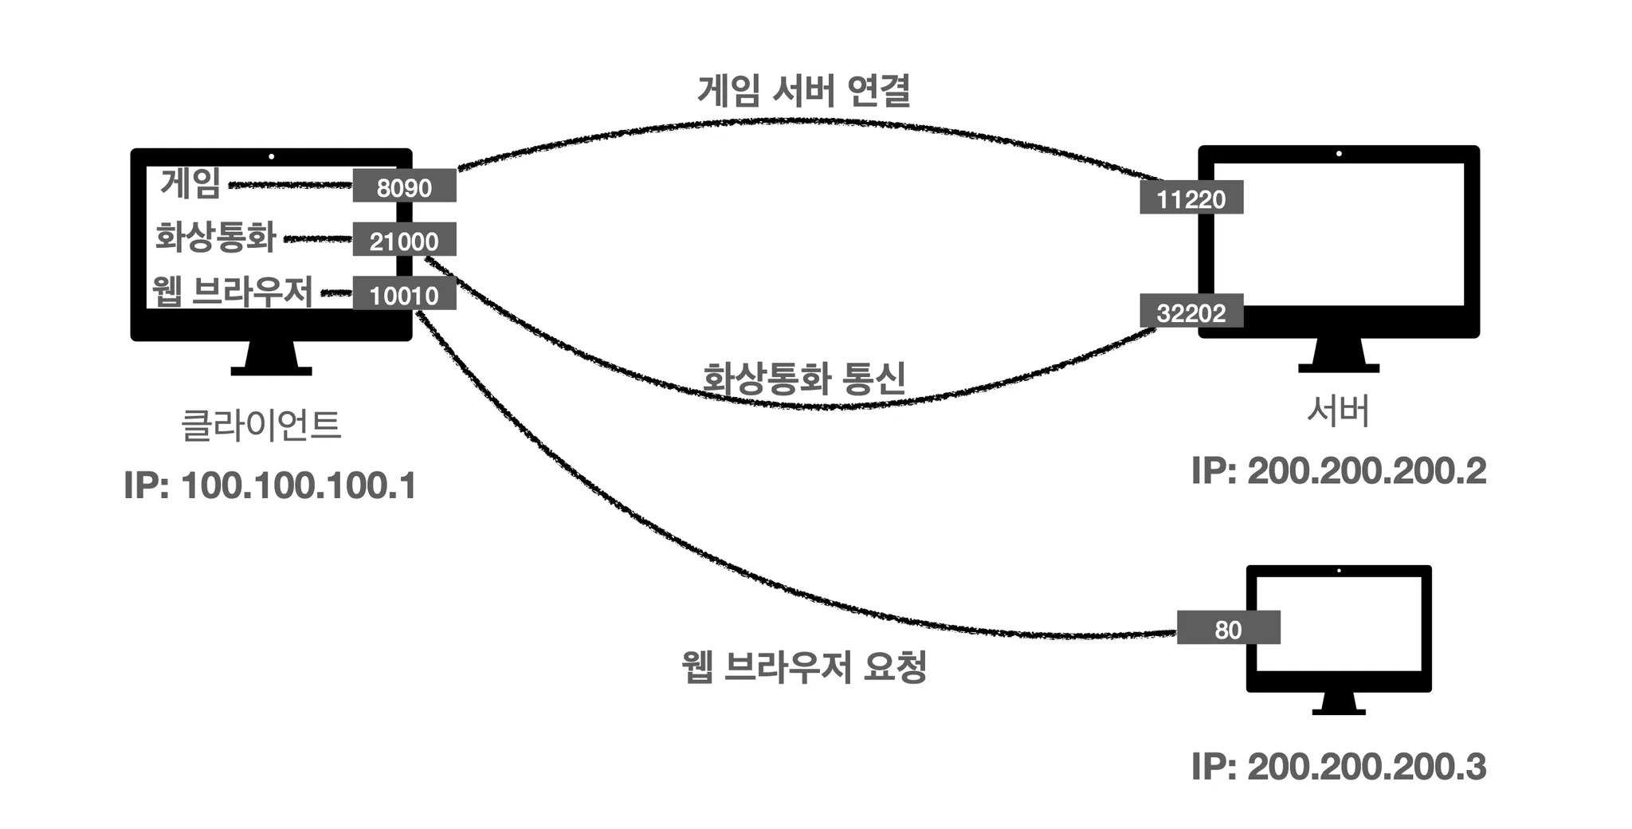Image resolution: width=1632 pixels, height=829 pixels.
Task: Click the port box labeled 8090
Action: coord(404,187)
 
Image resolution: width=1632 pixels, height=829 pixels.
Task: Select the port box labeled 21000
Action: coord(404,240)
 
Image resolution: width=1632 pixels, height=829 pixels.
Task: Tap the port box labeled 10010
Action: coord(404,294)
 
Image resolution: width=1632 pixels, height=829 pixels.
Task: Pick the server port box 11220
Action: coord(1191,198)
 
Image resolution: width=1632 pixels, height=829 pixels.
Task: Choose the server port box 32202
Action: coord(1191,312)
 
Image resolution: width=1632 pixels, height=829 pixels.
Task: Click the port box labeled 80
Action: coord(1228,628)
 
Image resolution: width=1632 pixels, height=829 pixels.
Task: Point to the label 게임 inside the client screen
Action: coord(190,183)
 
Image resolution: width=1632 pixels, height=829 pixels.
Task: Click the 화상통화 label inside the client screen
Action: coord(215,237)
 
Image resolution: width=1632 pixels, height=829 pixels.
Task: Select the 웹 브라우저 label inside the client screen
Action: coord(233,291)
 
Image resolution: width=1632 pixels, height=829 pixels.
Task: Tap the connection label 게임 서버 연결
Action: coord(803,91)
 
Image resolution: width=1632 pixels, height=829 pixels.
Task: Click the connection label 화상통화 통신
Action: coord(803,378)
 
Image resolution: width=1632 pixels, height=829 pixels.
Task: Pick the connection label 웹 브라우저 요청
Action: coord(803,666)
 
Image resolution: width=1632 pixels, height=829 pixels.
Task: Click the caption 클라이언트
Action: coord(261,425)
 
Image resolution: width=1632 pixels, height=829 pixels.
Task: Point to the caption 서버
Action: coord(1338,411)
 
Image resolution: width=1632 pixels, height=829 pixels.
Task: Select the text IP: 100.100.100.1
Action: coord(270,485)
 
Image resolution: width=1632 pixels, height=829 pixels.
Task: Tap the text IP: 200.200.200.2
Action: coord(1338,471)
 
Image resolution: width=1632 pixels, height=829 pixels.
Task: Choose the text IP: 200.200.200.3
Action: coord(1338,767)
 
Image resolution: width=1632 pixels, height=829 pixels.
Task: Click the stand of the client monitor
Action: coord(271,359)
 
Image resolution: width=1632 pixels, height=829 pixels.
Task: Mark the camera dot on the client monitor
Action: coord(271,157)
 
